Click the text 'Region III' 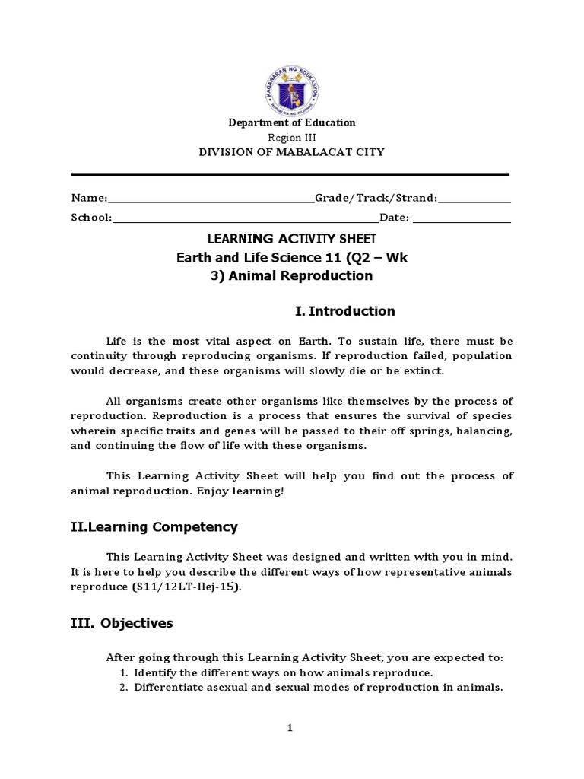(292, 137)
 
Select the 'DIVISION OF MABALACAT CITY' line (292, 152)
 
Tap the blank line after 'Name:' (211, 199)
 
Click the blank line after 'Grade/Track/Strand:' (474, 199)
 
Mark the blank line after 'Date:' (462, 219)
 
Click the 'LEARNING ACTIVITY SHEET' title (292, 239)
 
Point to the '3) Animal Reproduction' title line (292, 276)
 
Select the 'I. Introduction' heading (344, 311)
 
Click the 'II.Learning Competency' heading (154, 527)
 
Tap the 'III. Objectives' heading (122, 624)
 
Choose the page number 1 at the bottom (290, 728)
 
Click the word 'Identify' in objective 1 (154, 674)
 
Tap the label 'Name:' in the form (90, 199)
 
